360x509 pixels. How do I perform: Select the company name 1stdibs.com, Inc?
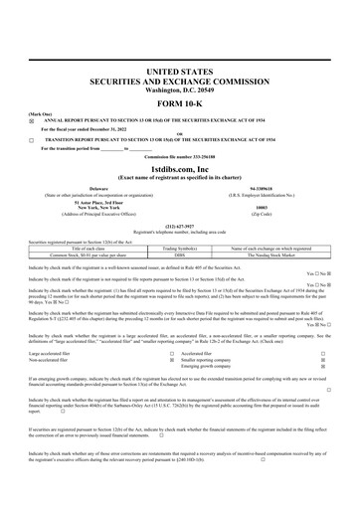(x=180, y=170)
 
